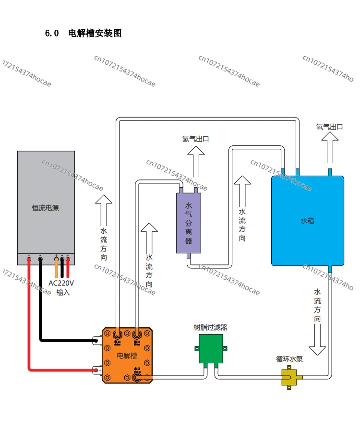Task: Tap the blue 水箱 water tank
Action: pyautogui.click(x=307, y=221)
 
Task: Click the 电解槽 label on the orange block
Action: pyautogui.click(x=127, y=356)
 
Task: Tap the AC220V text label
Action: pyautogui.click(x=61, y=283)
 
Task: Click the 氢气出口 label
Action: pyautogui.click(x=196, y=139)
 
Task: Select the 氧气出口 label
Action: pyautogui.click(x=330, y=127)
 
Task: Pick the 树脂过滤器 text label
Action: pyautogui.click(x=210, y=328)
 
